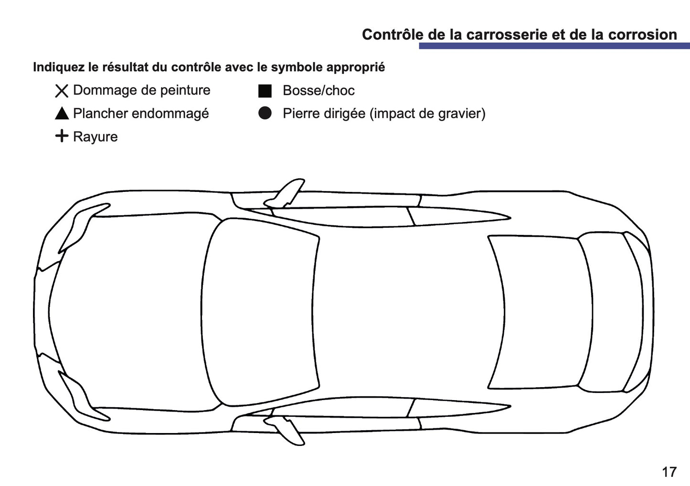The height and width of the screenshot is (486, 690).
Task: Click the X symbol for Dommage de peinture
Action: click(62, 91)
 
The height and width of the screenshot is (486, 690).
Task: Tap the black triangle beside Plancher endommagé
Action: click(62, 114)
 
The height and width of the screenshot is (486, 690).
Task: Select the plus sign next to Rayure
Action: click(62, 136)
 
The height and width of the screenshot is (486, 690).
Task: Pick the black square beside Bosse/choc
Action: click(265, 91)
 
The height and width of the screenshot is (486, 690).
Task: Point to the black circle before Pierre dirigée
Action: click(265, 113)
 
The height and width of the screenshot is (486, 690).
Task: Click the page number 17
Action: click(669, 472)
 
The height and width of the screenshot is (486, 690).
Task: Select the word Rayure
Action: click(95, 137)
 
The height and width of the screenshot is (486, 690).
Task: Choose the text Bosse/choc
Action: click(318, 91)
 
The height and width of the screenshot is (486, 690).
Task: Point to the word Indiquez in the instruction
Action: click(59, 67)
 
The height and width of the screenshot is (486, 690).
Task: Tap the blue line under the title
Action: click(554, 46)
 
